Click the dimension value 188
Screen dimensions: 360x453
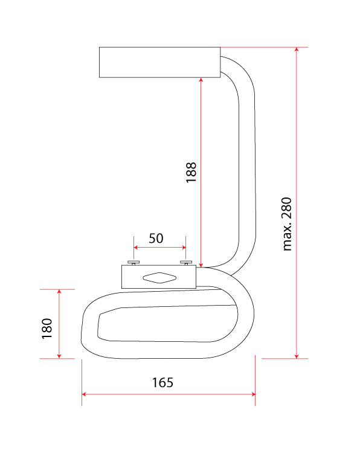(191, 172)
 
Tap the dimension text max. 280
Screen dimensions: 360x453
(287, 224)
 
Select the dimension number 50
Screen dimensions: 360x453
(156, 239)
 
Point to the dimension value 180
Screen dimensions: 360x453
(47, 329)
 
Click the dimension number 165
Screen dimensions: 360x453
(162, 382)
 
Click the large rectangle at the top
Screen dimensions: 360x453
(160, 62)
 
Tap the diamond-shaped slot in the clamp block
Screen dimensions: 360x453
(159, 278)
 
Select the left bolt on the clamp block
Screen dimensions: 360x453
(133, 263)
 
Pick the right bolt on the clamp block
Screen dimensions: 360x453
(186, 263)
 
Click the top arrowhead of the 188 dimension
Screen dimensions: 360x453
(201, 80)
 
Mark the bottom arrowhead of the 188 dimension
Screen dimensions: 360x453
(201, 265)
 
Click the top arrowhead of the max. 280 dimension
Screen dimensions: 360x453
(297, 49)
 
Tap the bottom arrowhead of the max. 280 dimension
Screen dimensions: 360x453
(297, 356)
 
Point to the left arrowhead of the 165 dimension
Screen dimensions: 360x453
(84, 394)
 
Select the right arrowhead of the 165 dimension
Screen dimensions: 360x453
(253, 394)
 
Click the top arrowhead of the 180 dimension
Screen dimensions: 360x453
(59, 291)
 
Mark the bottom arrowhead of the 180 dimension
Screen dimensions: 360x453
(59, 356)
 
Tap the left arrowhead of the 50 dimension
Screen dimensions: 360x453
(136, 247)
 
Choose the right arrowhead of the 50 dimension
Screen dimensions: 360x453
(184, 247)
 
